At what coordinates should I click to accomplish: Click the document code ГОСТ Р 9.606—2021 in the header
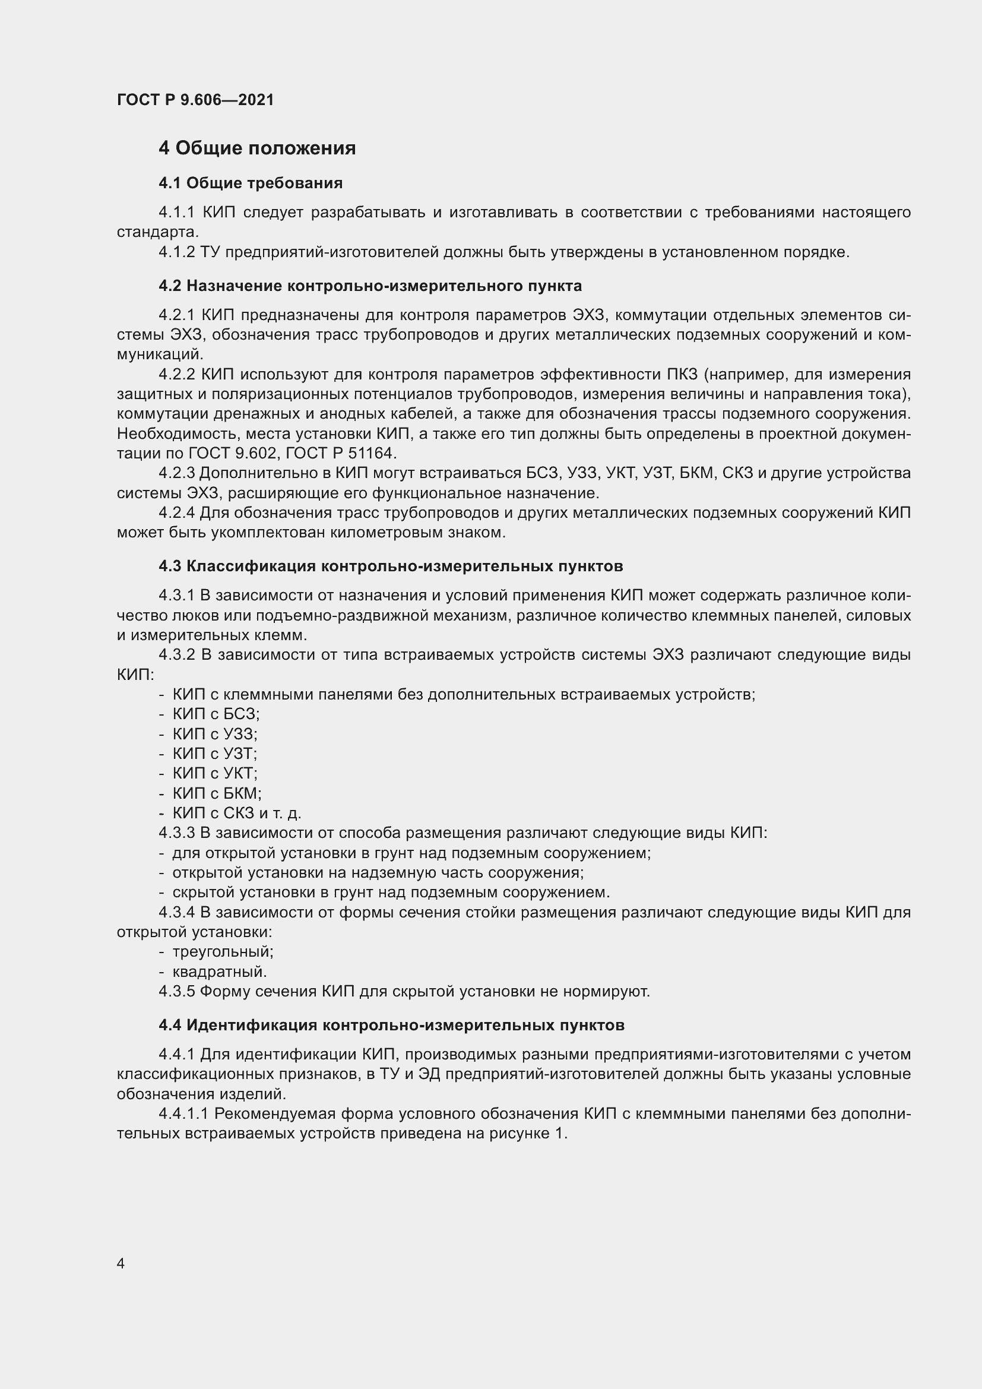(195, 100)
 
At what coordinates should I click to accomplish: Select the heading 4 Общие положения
(257, 148)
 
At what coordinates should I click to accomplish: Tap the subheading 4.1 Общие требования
(251, 183)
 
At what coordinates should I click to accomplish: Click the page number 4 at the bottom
(121, 1263)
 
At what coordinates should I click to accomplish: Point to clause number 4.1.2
(176, 252)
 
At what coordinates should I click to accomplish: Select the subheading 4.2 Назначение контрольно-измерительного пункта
(370, 286)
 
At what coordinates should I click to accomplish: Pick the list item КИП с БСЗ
(216, 714)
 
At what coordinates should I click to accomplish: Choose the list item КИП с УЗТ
(215, 753)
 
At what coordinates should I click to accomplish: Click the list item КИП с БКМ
(217, 793)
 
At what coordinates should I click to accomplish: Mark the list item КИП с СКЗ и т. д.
(236, 813)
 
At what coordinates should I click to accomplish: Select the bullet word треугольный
(223, 951)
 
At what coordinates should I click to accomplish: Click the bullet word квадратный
(220, 972)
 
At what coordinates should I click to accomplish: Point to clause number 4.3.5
(176, 992)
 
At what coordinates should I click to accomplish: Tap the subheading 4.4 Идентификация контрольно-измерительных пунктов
(391, 1025)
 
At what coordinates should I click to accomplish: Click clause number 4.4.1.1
(184, 1113)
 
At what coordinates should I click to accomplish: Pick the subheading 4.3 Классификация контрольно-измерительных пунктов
(391, 567)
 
